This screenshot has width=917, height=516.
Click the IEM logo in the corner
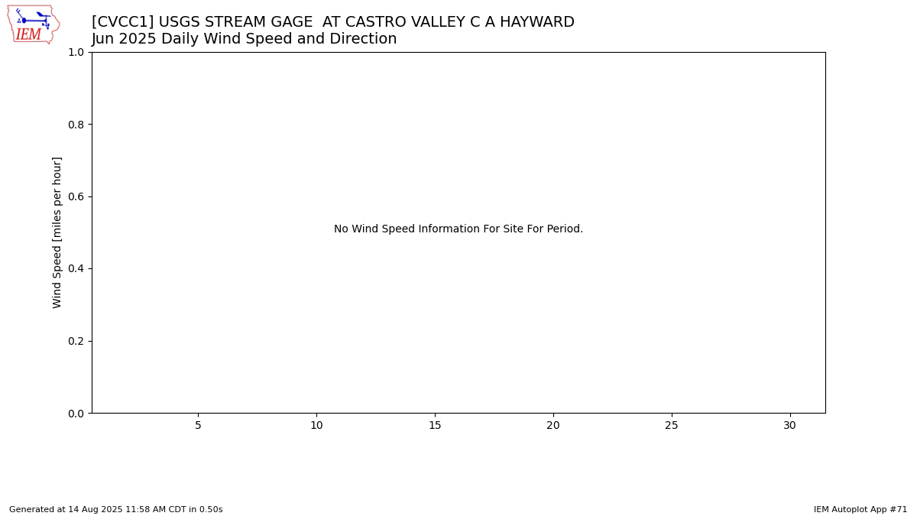pos(34,24)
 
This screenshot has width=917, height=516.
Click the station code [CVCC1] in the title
pos(123,21)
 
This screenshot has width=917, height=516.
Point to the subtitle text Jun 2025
pos(124,38)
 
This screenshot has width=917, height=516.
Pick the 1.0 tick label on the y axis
pos(76,53)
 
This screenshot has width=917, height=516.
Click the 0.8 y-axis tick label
pos(76,125)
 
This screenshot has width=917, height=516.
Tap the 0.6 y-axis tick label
pos(76,196)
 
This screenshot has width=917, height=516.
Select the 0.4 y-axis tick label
pos(76,268)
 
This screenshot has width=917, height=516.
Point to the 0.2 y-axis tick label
pos(76,341)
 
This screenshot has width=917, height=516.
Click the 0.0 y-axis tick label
pos(76,414)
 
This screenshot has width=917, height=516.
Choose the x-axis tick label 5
pos(198,426)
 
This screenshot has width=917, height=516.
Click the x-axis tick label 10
pos(316,426)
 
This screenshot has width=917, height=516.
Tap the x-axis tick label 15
pos(435,426)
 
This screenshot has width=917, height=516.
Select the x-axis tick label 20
pos(553,426)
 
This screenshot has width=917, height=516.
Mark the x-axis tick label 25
pos(672,426)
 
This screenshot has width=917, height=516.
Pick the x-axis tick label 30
pos(789,426)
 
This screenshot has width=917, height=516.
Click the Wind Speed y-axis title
pos(57,232)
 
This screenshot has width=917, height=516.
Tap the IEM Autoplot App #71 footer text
pos(860,509)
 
